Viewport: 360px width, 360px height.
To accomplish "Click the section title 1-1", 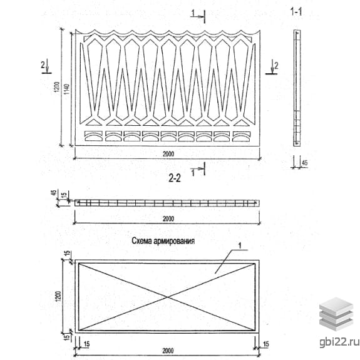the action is (296, 11).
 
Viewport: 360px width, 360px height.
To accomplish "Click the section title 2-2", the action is (175, 178).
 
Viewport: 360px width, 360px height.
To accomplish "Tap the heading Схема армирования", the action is (163, 241).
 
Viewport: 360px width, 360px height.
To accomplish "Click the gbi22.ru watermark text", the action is (339, 342).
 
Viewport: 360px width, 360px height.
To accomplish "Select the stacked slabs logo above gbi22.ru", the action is (336, 314).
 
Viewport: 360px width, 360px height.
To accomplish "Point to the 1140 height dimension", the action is (66, 90).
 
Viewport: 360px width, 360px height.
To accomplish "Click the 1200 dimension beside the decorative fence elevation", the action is (57, 87).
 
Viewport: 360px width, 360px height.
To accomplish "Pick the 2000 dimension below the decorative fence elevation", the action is (168, 154).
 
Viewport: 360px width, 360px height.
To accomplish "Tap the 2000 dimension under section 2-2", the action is (168, 219).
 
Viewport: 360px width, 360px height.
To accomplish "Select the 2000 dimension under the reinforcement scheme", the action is (168, 351).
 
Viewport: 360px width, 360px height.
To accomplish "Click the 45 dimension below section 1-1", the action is (304, 163).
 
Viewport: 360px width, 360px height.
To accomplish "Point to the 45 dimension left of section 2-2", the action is (53, 193).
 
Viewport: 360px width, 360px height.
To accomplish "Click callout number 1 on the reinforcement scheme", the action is (240, 246).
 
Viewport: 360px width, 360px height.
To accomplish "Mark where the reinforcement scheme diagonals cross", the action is (168, 297).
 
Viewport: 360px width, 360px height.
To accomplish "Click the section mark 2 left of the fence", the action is (43, 65).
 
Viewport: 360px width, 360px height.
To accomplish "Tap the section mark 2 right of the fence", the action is (276, 66).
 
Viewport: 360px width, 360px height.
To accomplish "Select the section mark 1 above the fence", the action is (193, 13).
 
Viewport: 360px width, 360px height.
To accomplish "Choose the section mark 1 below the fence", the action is (193, 173).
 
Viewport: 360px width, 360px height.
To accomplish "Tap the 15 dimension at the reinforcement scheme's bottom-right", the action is (265, 344).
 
